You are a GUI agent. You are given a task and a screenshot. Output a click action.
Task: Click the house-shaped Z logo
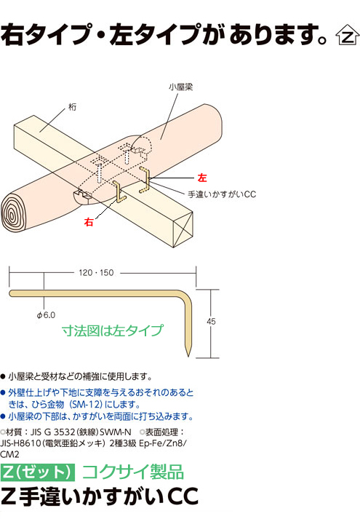pyautogui.click(x=347, y=35)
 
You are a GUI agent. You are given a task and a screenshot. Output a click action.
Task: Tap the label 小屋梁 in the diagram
pyautogui.click(x=180, y=87)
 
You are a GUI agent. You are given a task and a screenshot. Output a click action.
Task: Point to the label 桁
pyautogui.click(x=72, y=107)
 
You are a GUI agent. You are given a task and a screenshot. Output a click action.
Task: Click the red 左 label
pyautogui.click(x=202, y=178)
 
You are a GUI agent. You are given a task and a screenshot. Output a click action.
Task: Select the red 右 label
pyautogui.click(x=89, y=222)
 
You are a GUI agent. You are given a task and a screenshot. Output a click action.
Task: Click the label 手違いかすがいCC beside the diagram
pyautogui.click(x=222, y=194)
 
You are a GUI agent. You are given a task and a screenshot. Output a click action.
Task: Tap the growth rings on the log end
pyautogui.click(x=13, y=215)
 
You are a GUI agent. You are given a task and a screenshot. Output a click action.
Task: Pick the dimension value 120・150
pyautogui.click(x=96, y=273)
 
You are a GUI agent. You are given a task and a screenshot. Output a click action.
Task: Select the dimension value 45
pyautogui.click(x=211, y=321)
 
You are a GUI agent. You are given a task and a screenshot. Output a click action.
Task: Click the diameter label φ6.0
pyautogui.click(x=46, y=314)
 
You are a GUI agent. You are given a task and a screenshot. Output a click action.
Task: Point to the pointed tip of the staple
pyautogui.click(x=188, y=356)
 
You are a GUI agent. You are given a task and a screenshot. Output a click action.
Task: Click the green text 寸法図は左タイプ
pyautogui.click(x=113, y=330)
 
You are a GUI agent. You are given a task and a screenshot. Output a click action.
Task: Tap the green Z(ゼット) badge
pyautogui.click(x=38, y=472)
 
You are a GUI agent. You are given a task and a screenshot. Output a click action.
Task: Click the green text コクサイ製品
pyautogui.click(x=133, y=472)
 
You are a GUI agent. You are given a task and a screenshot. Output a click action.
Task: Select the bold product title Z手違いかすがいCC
pyautogui.click(x=99, y=496)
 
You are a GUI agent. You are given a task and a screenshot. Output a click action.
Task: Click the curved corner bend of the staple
pyautogui.click(x=185, y=298)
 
